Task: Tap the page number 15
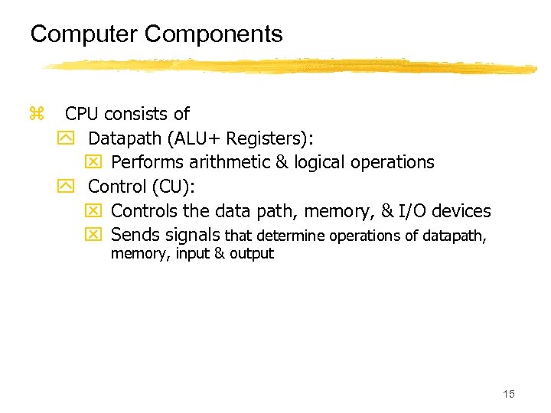(x=509, y=394)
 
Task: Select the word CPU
(x=82, y=115)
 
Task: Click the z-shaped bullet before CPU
(x=35, y=115)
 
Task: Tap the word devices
(x=462, y=210)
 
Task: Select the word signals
(x=192, y=235)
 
